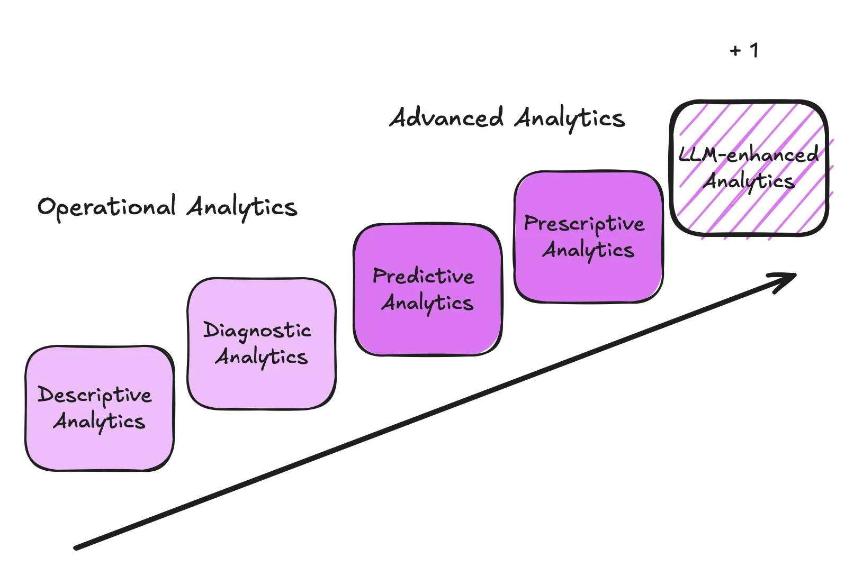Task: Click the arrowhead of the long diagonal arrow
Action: click(x=789, y=277)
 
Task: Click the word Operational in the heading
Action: click(x=106, y=207)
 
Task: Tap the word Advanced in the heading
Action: click(x=446, y=117)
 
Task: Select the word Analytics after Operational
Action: click(x=242, y=207)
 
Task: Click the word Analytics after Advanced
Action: click(x=570, y=118)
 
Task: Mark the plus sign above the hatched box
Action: click(x=735, y=51)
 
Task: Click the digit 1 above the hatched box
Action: click(x=754, y=50)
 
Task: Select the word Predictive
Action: click(x=423, y=276)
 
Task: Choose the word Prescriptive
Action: click(x=584, y=224)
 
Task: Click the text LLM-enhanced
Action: click(x=748, y=154)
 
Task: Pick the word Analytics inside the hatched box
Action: click(x=749, y=181)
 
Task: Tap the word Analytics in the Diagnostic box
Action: click(x=261, y=357)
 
